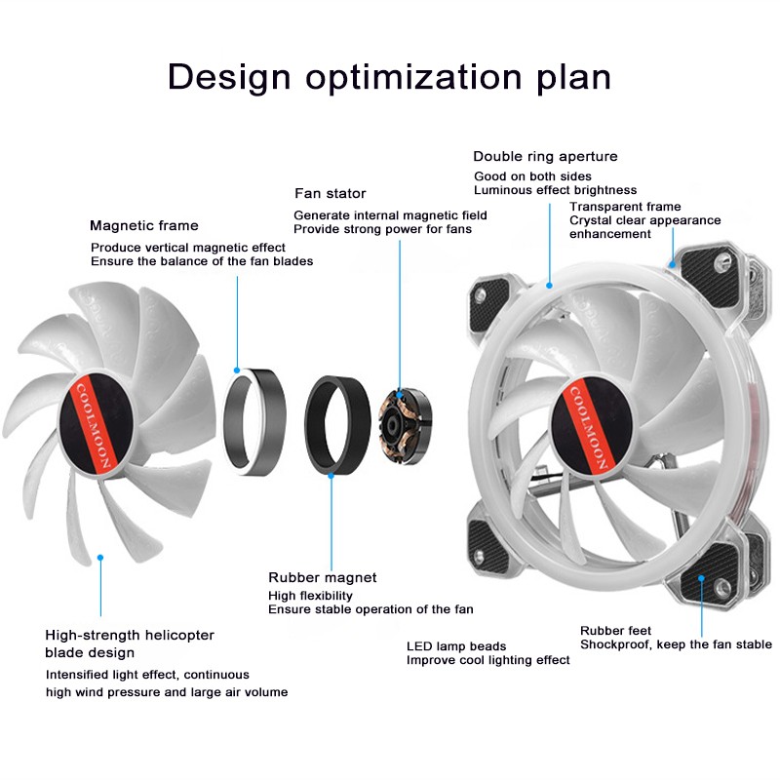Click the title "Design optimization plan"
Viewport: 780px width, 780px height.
pos(389,77)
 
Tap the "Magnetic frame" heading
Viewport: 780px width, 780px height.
pos(143,225)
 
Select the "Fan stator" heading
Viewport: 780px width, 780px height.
pos(330,193)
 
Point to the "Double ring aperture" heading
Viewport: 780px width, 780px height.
pos(545,156)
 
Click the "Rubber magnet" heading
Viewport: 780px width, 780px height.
pos(322,577)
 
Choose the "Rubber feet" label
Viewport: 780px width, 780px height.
pos(615,630)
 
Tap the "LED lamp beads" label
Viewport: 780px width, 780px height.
pos(456,645)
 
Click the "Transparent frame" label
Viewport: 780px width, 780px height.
pos(625,207)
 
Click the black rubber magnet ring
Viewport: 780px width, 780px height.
pos(336,419)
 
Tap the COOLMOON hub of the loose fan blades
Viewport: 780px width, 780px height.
pos(97,426)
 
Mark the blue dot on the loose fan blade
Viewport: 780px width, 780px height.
pos(99,558)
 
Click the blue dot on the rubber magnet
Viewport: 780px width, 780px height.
pos(331,475)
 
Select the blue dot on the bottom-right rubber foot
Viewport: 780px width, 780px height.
pos(702,577)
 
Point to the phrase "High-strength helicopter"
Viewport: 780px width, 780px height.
pos(130,635)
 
